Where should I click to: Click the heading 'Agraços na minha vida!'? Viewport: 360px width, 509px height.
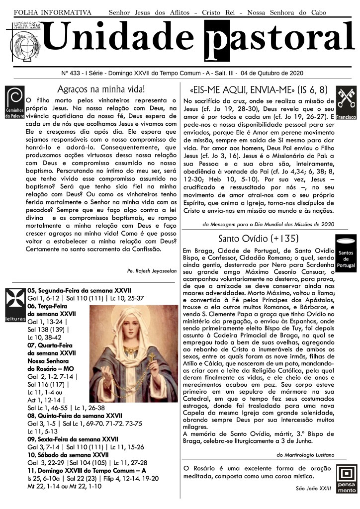pyautogui.click(x=101, y=90)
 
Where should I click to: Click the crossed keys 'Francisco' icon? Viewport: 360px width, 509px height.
pyautogui.click(x=346, y=104)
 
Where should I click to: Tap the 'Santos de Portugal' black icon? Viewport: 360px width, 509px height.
pyautogui.click(x=346, y=254)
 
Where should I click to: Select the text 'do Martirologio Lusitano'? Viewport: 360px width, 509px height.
pyautogui.click(x=306, y=454)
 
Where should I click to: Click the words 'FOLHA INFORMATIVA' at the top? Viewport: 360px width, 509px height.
pyautogui.click(x=53, y=11)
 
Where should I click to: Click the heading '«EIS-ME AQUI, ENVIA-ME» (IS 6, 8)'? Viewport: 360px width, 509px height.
pyautogui.click(x=258, y=90)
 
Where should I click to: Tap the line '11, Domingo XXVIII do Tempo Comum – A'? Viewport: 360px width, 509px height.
pyautogui.click(x=87, y=470)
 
